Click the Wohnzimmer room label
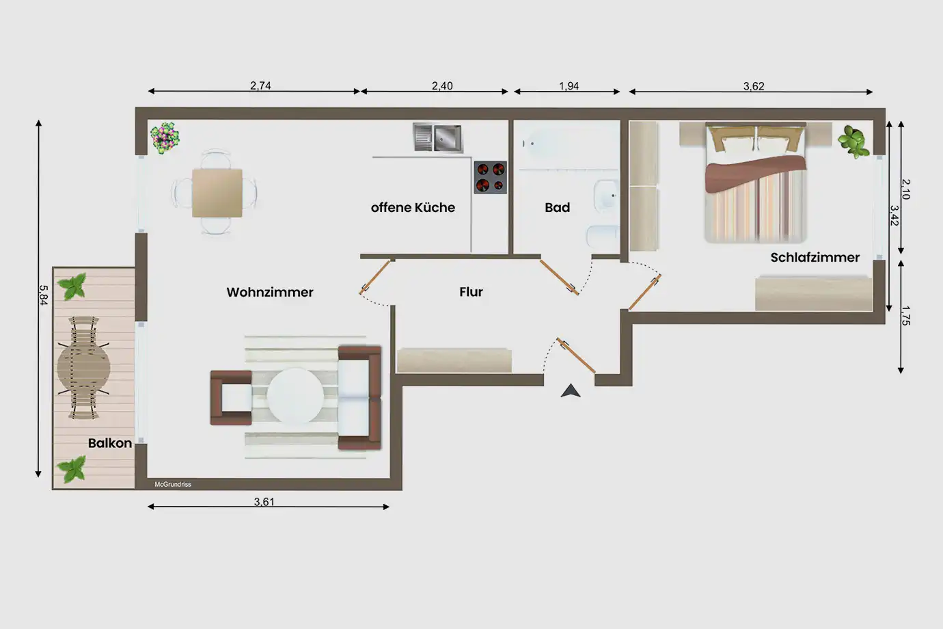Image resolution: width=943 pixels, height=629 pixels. click(x=270, y=292)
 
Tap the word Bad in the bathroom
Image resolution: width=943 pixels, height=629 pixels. click(x=558, y=207)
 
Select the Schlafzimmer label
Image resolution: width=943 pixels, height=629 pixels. click(x=815, y=258)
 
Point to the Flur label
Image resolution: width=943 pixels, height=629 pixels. click(x=471, y=291)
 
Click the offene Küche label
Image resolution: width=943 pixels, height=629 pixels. click(x=413, y=207)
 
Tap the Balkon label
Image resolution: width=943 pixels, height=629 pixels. click(x=110, y=443)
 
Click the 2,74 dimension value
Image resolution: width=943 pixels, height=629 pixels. click(x=260, y=85)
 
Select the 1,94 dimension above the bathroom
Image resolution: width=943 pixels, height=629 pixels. click(x=569, y=86)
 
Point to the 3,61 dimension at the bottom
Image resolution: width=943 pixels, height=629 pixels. click(x=264, y=501)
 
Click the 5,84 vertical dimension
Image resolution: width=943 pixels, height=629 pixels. click(x=43, y=295)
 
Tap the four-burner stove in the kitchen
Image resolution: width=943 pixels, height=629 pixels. click(x=491, y=177)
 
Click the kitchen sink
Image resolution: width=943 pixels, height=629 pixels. click(x=438, y=137)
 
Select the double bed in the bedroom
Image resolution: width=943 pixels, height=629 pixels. click(x=756, y=183)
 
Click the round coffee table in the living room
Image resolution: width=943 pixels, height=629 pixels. click(x=295, y=396)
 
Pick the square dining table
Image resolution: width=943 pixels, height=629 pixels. click(x=217, y=193)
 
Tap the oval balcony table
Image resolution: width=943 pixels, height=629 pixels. click(x=84, y=368)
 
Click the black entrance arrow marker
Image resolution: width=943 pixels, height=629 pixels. click(x=571, y=390)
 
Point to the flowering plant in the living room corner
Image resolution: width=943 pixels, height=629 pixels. click(x=165, y=138)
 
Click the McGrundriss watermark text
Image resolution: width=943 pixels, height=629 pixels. click(x=173, y=485)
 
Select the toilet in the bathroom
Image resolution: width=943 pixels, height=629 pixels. click(x=603, y=237)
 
